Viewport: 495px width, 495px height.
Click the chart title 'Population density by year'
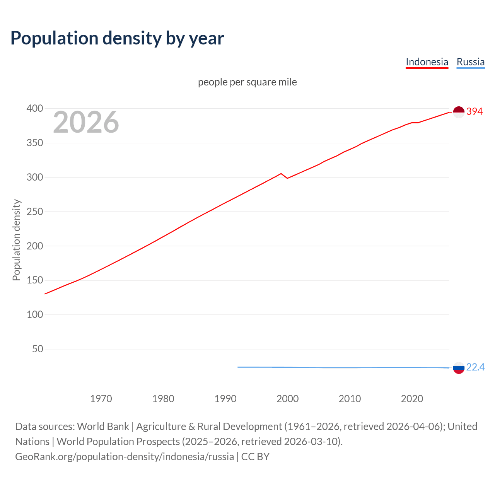(x=117, y=38)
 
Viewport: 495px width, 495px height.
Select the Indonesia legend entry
(x=427, y=62)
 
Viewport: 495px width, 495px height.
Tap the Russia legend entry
(x=470, y=62)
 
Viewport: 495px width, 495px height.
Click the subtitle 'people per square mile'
(x=247, y=82)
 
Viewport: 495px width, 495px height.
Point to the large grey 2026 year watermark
(x=86, y=122)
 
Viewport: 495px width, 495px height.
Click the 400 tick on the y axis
(x=35, y=109)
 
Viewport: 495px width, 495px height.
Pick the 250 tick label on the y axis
(x=35, y=212)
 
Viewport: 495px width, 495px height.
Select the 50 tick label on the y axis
(x=38, y=349)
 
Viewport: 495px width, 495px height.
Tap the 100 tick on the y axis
(x=35, y=314)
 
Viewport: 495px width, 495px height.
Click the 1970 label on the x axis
(x=101, y=399)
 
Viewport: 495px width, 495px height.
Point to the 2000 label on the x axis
(x=287, y=399)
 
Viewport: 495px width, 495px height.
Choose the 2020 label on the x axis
(x=412, y=399)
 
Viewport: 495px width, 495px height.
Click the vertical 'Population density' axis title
(x=16, y=240)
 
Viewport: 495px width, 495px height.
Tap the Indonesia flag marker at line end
(x=458, y=112)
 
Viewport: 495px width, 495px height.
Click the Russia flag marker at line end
(x=458, y=368)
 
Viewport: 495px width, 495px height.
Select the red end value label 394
(x=475, y=112)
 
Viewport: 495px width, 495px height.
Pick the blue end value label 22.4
(x=475, y=367)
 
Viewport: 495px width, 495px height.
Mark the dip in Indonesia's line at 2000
(x=287, y=178)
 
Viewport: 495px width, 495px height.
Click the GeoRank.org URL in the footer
(x=125, y=457)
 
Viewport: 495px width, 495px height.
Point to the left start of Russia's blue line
(x=238, y=367)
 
